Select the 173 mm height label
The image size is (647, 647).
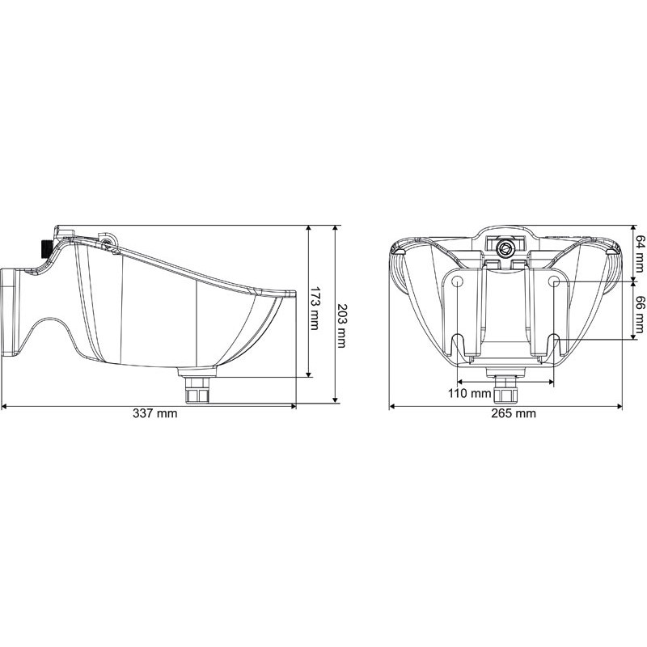coord(316,307)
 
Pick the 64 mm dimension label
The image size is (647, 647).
coord(639,252)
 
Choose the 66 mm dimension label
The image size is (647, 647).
coord(639,313)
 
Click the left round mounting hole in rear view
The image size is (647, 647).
coord(457,281)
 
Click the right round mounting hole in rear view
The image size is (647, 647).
coord(554,281)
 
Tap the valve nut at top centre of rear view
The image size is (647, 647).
coord(506,247)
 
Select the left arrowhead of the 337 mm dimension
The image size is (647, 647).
coord(5,405)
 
